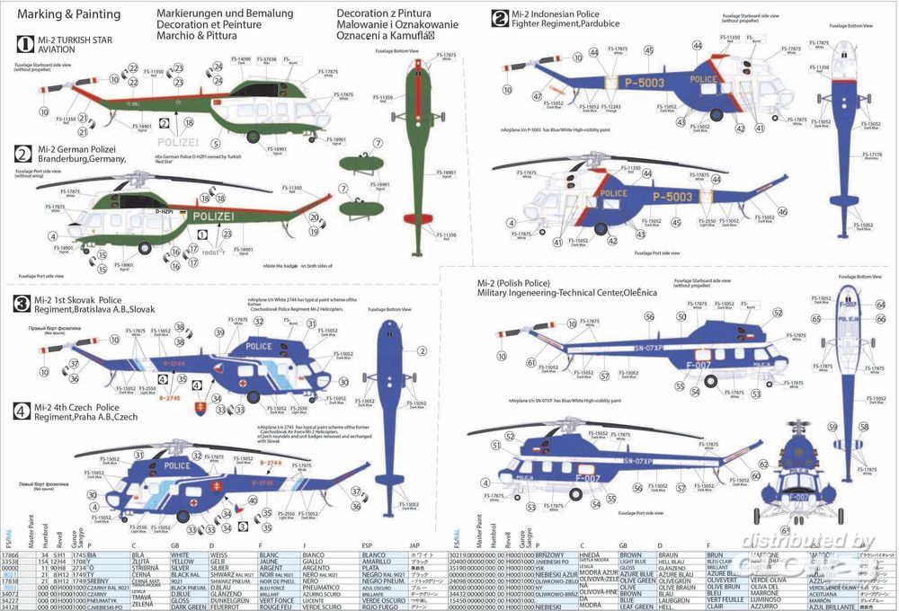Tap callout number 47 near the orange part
tap(537, 95)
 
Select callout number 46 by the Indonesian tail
tap(782, 212)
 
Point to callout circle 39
tap(220, 334)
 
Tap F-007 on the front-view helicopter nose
tap(798, 496)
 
